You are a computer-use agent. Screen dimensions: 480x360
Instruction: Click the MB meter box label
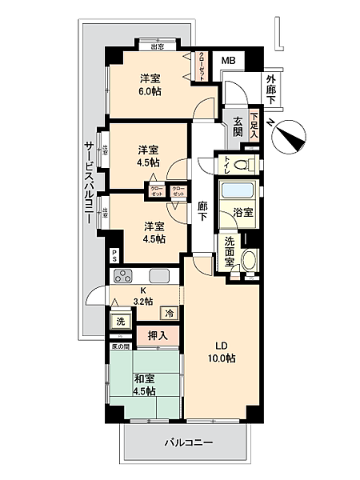[228, 61]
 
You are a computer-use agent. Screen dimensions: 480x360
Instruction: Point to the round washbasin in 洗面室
[250, 259]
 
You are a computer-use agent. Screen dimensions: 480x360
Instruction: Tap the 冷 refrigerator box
[170, 313]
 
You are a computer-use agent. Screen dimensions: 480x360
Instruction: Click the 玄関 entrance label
[238, 126]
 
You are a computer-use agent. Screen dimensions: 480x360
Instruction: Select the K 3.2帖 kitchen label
[143, 296]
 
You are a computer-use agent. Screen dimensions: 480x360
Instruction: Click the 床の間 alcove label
[119, 347]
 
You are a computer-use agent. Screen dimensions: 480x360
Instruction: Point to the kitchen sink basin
[158, 277]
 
